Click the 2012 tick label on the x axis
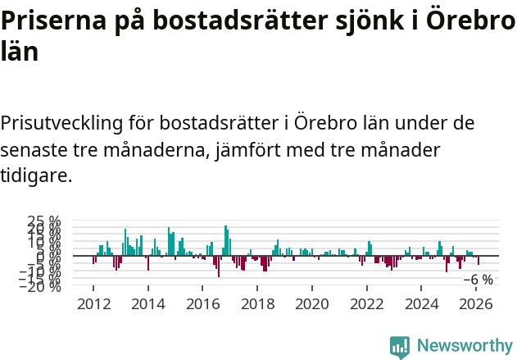[x=93, y=304]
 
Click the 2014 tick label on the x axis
[x=148, y=304]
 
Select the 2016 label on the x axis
[x=203, y=304]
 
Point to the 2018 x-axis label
[x=257, y=304]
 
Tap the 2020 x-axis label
[x=312, y=304]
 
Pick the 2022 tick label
[x=367, y=304]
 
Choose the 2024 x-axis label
[x=422, y=304]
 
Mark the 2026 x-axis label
[x=477, y=304]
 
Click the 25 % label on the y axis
[x=44, y=222]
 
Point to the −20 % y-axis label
[x=39, y=287]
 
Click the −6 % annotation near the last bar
[x=478, y=280]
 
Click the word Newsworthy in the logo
[x=465, y=346]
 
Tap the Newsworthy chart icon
[x=400, y=347]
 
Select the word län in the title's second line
[x=20, y=51]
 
